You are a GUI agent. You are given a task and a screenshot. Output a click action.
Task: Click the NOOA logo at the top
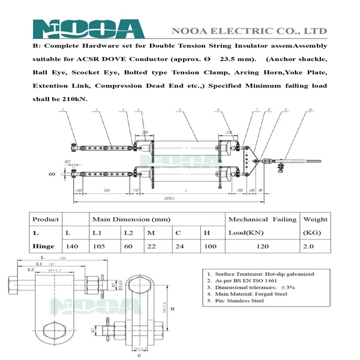88,29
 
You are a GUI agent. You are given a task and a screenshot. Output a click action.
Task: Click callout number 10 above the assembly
310,110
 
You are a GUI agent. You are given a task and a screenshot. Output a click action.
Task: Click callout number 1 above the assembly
62,110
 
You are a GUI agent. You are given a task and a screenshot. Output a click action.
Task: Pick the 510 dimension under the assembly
106,190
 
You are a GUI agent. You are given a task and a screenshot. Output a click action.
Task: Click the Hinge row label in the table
43,246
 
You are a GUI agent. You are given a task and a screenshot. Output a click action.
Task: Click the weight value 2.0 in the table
315,246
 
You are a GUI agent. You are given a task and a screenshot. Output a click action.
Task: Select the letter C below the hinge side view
138,355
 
